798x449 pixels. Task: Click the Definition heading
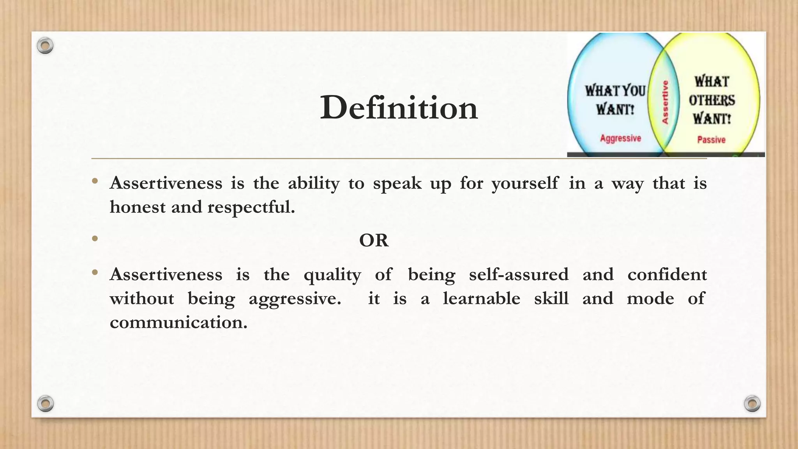click(x=399, y=108)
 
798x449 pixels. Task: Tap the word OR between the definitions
click(x=374, y=240)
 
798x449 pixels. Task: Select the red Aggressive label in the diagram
click(x=620, y=138)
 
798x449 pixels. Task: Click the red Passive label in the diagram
click(x=711, y=140)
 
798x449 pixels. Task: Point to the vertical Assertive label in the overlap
click(x=665, y=102)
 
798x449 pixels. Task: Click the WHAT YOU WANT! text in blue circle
click(x=615, y=100)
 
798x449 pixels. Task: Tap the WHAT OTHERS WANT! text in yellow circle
click(x=711, y=100)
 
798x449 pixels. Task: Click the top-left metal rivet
click(x=45, y=46)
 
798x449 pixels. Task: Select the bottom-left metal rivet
click(x=45, y=403)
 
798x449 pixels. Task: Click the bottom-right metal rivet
click(x=752, y=403)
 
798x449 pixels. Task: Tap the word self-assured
click(x=519, y=274)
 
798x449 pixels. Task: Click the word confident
click(x=667, y=274)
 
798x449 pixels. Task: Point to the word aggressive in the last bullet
click(x=295, y=299)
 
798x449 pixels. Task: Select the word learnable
click(x=481, y=299)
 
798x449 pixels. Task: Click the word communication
click(x=178, y=322)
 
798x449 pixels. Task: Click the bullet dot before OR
click(x=95, y=238)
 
